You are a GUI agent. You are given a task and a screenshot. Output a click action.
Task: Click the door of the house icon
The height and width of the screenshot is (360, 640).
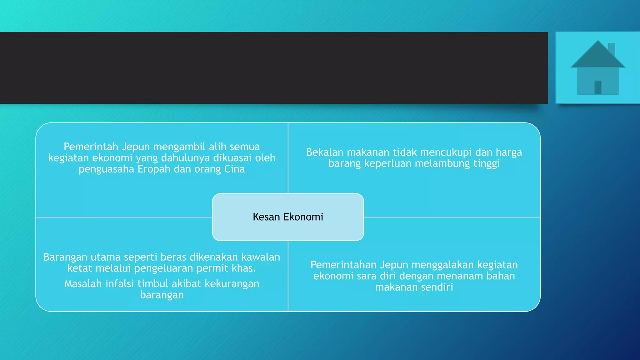[597, 87]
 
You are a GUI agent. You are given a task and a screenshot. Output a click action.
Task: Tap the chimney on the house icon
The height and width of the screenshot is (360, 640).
[612, 49]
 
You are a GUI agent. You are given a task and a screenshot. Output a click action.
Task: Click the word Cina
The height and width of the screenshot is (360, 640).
[234, 169]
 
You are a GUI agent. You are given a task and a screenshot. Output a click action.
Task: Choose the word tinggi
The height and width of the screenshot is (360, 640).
[487, 163]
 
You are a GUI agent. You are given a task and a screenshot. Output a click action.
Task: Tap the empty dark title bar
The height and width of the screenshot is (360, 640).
[274, 68]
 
